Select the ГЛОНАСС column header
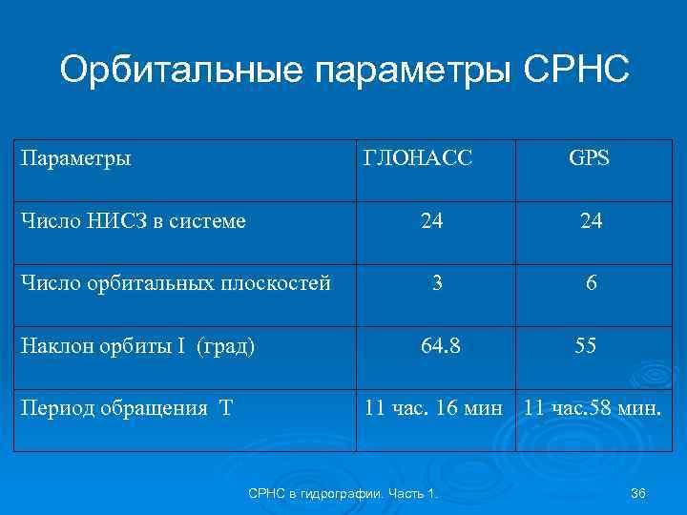coord(418,157)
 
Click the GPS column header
coord(589,157)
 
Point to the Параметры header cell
coord(76,157)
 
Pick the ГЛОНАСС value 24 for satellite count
coord(431,221)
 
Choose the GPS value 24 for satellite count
coord(591,221)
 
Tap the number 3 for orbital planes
coord(436,283)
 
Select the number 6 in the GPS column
coord(593,283)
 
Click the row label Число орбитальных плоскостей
coord(177,284)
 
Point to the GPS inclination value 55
coord(586,345)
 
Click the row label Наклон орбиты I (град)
coord(137,346)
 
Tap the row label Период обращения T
coord(126,409)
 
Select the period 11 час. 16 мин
coord(434,408)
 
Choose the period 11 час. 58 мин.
coord(593,408)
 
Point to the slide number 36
coord(638,492)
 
